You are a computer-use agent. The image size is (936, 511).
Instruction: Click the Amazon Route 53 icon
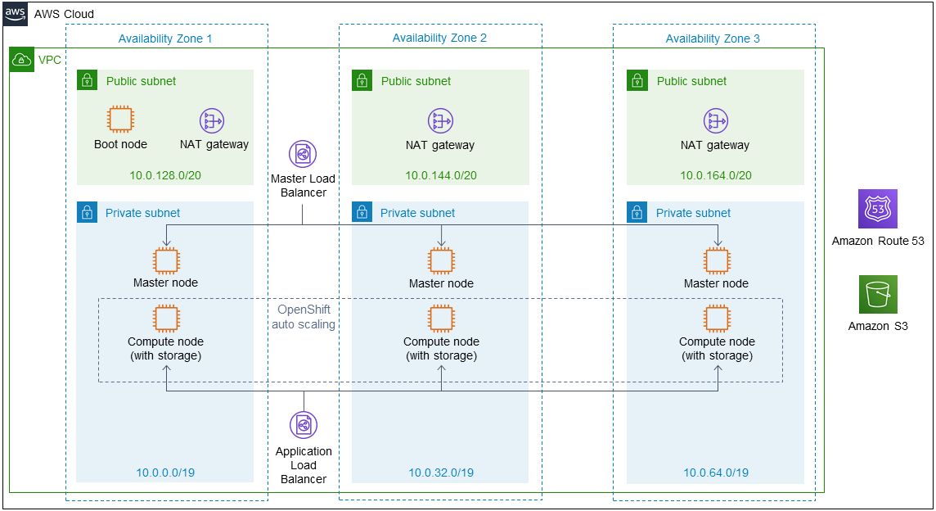pyautogui.click(x=877, y=209)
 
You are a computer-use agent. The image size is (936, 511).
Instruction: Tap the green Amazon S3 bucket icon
pyautogui.click(x=877, y=294)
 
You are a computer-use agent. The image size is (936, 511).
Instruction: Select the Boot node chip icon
pyautogui.click(x=120, y=119)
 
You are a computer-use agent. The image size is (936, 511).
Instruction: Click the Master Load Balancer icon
pyautogui.click(x=303, y=154)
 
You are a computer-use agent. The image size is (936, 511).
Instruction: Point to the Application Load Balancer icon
pyautogui.click(x=304, y=425)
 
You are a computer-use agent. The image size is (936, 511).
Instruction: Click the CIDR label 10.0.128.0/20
pyautogui.click(x=165, y=175)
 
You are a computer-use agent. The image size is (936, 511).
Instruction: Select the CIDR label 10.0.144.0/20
pyautogui.click(x=441, y=175)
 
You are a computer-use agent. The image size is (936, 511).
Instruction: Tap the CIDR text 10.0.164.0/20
pyautogui.click(x=716, y=175)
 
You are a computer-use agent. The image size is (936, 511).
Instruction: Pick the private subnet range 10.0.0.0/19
pyautogui.click(x=165, y=473)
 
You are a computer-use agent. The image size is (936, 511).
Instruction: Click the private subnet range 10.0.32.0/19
pyautogui.click(x=441, y=473)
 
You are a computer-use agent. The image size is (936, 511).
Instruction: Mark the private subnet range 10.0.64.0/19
pyautogui.click(x=716, y=473)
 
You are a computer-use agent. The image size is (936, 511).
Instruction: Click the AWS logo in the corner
pyautogui.click(x=15, y=14)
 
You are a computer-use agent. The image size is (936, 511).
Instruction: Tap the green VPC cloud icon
pyautogui.click(x=21, y=60)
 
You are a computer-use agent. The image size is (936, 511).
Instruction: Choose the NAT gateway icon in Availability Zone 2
pyautogui.click(x=440, y=120)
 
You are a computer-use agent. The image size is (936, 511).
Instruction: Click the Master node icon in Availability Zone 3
pyautogui.click(x=717, y=260)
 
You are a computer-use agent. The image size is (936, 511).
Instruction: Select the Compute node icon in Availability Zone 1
pyautogui.click(x=166, y=318)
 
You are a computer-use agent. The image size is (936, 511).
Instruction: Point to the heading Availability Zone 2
pyautogui.click(x=439, y=38)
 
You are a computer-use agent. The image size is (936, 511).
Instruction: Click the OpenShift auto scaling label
pyautogui.click(x=304, y=317)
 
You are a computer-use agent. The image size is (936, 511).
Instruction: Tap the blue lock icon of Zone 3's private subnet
pyautogui.click(x=637, y=212)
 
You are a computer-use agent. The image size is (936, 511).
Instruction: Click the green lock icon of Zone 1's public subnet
pyautogui.click(x=88, y=80)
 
